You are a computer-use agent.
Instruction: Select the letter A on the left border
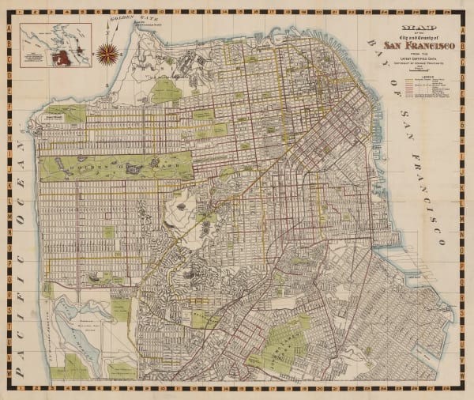[x=9, y=25]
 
